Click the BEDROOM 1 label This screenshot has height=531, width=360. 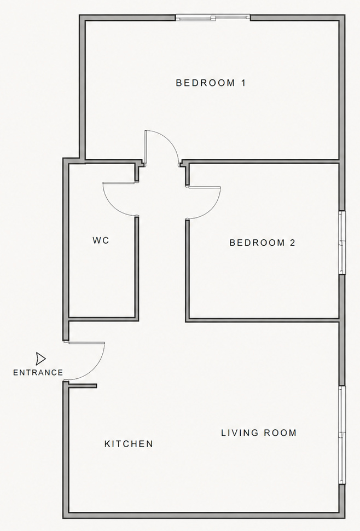[211, 83]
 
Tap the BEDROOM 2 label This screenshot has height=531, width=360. [262, 243]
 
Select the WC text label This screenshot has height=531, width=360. [101, 240]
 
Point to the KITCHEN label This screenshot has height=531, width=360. [129, 444]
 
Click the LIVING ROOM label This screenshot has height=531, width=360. [259, 433]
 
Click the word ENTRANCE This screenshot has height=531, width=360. [38, 373]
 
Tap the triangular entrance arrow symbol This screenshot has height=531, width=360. [40, 359]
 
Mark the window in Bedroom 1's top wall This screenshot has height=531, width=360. [213, 18]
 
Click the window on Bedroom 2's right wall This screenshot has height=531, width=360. [342, 242]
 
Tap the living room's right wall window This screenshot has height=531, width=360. [342, 435]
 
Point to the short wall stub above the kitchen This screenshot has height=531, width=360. [82, 385]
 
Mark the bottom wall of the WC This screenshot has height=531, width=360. [102, 318]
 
